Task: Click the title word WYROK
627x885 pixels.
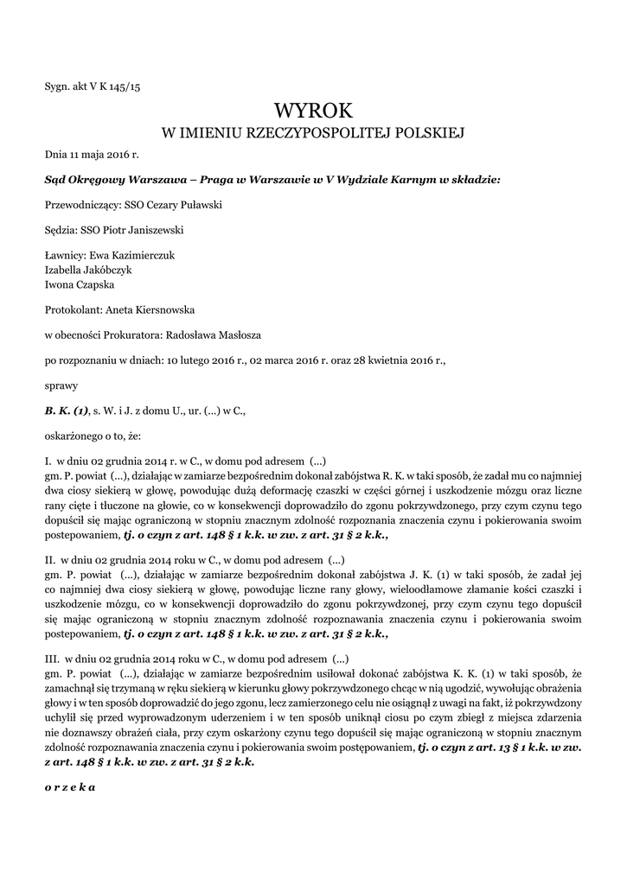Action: pos(313,111)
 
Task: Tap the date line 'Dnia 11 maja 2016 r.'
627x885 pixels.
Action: pos(92,155)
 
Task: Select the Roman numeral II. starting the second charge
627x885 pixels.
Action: pos(50,559)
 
